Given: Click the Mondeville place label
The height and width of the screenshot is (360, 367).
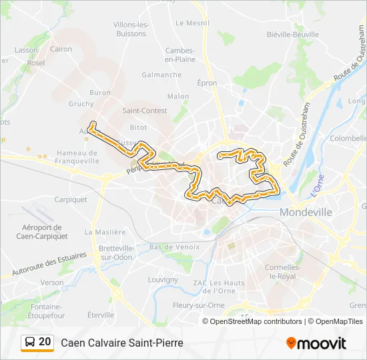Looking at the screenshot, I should pyautogui.click(x=306, y=212).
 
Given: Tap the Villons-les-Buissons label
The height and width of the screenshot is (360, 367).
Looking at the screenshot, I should pyautogui.click(x=129, y=29).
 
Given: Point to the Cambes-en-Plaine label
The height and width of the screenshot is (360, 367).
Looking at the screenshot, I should pyautogui.click(x=180, y=55).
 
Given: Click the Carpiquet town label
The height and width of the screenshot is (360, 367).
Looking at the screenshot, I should pyautogui.click(x=71, y=199).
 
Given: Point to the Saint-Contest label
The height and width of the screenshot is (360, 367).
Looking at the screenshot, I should pyautogui.click(x=140, y=111).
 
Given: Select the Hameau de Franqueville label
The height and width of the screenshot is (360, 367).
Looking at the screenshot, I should pyautogui.click(x=77, y=156).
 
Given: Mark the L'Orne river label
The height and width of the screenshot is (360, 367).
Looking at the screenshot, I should pyautogui.click(x=317, y=185).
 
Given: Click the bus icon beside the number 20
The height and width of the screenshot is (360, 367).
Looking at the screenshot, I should pyautogui.click(x=29, y=343).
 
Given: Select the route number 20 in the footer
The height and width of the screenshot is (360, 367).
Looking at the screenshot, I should pyautogui.click(x=45, y=342).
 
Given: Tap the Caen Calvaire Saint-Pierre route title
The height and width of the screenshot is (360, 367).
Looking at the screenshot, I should pyautogui.click(x=121, y=343).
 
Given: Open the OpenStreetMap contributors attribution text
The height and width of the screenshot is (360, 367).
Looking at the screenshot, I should pyautogui.click(x=252, y=321).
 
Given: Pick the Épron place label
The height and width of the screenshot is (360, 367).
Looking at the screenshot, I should pyautogui.click(x=207, y=83).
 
